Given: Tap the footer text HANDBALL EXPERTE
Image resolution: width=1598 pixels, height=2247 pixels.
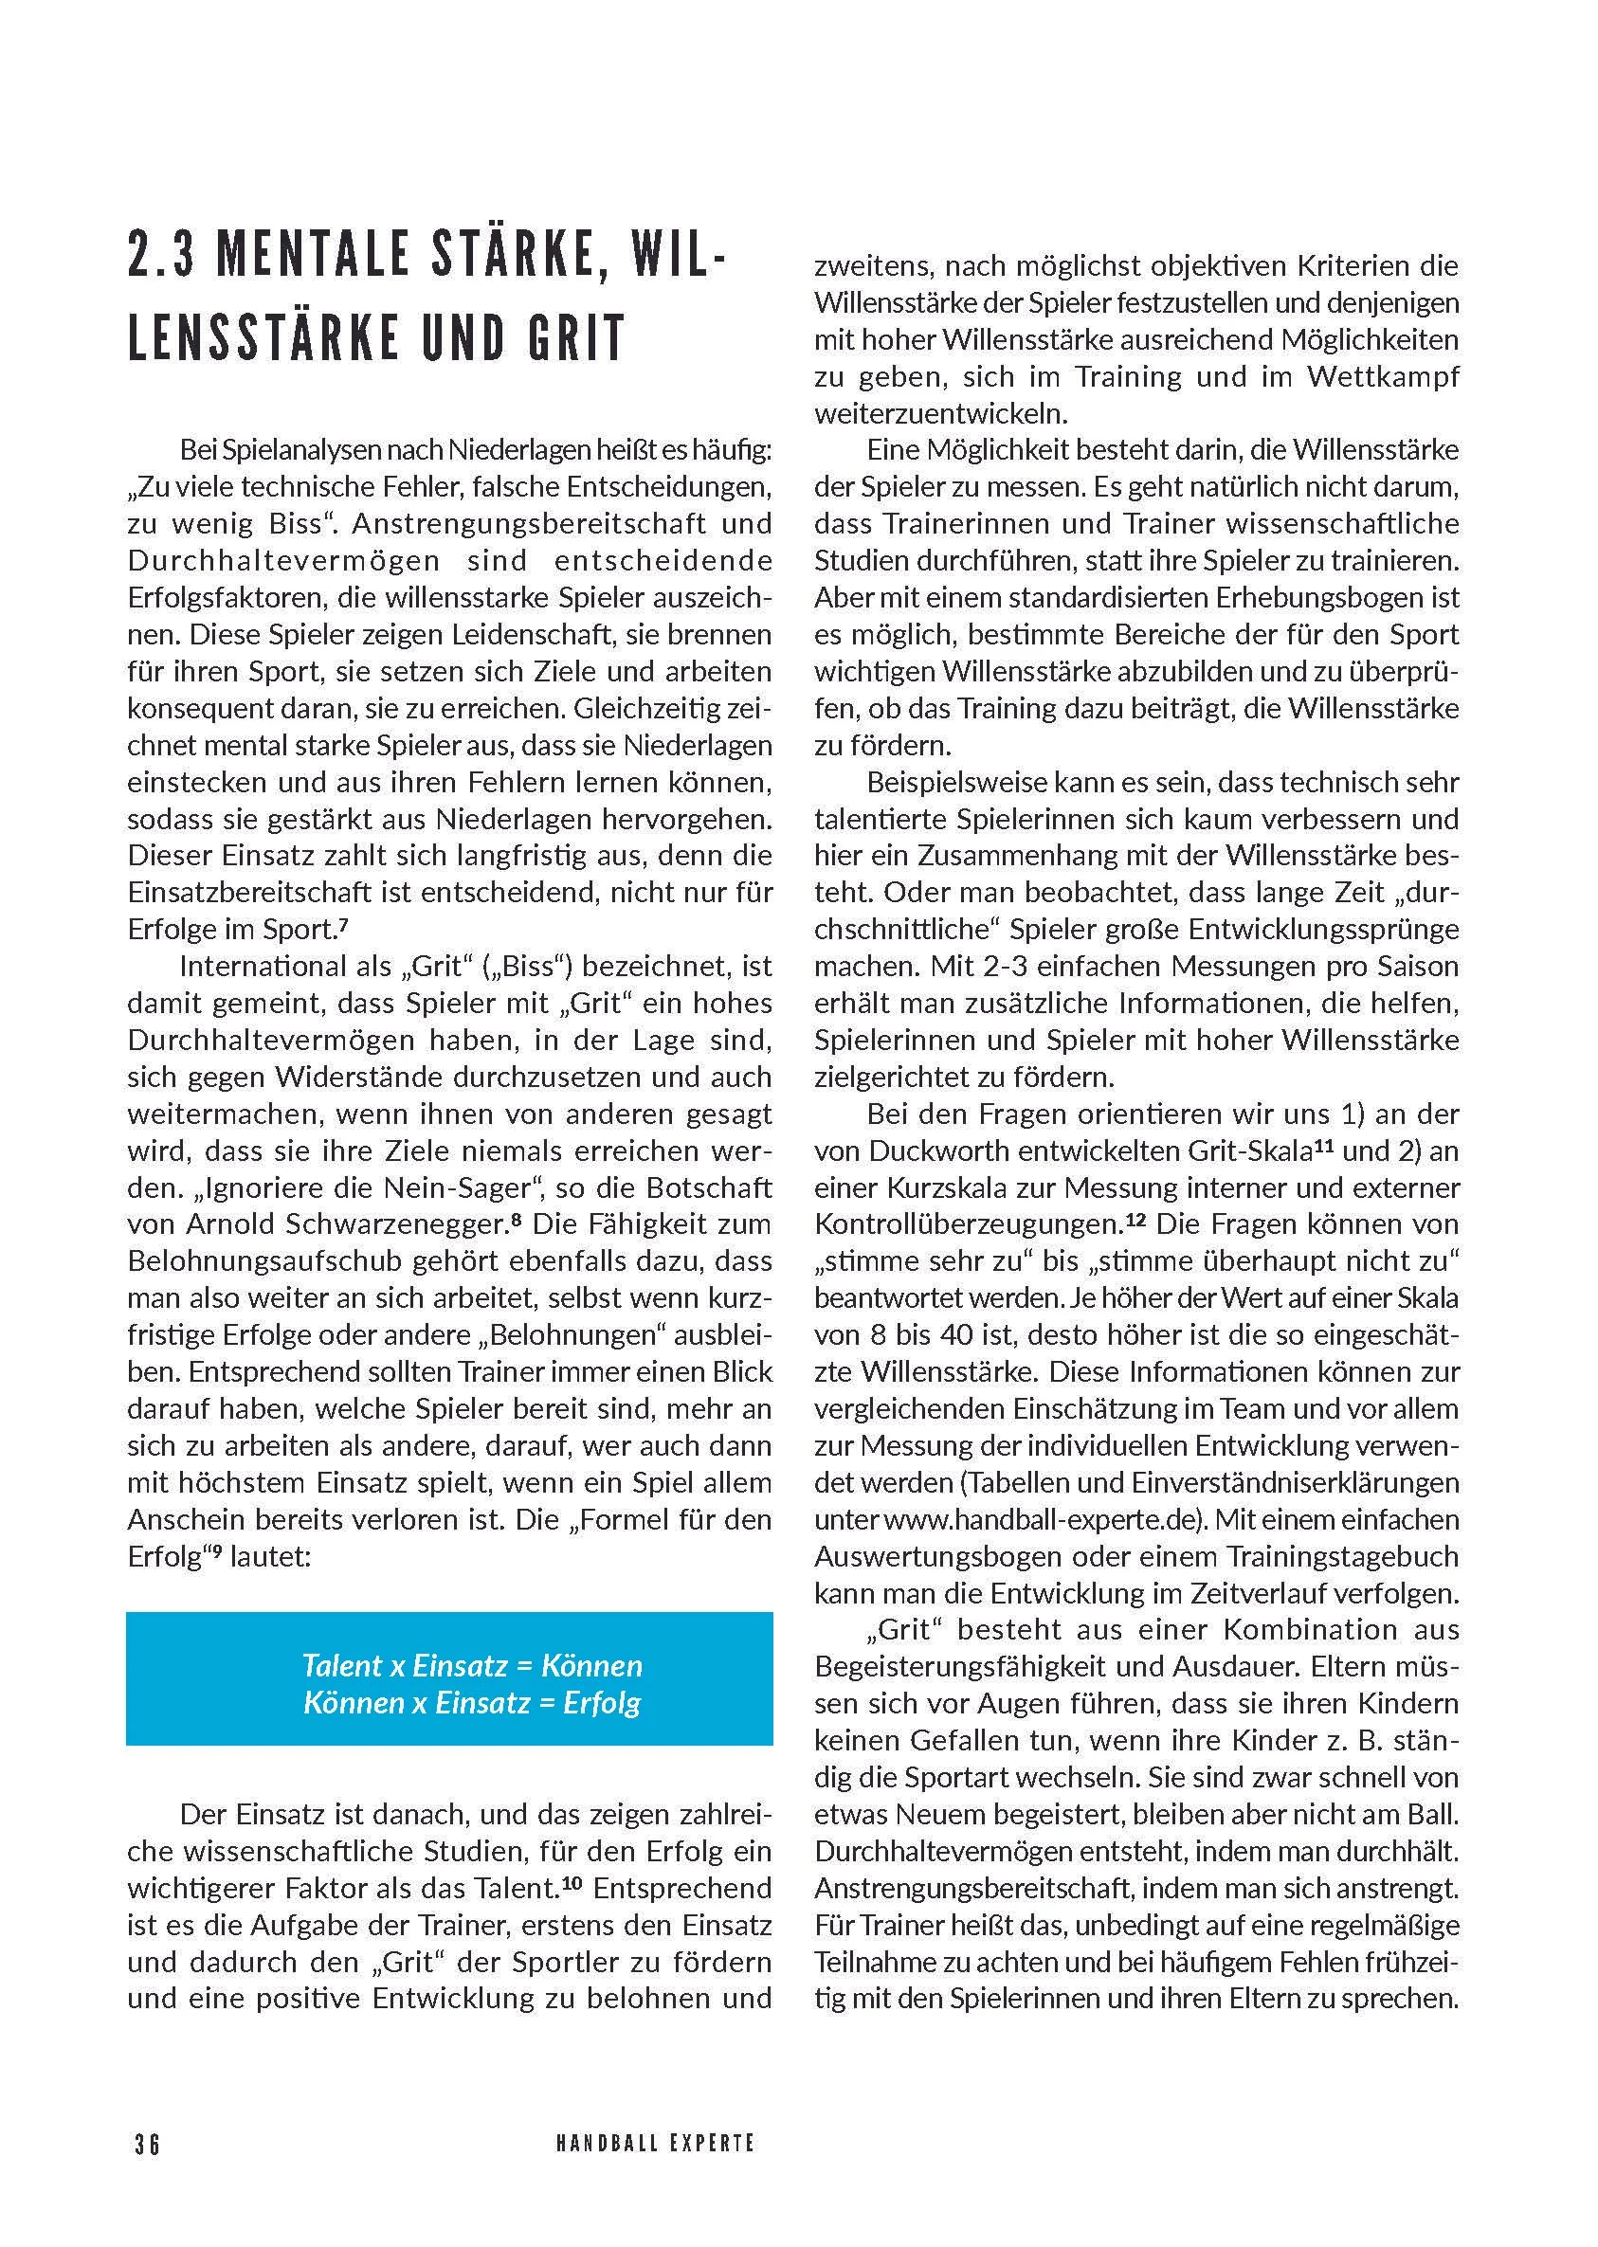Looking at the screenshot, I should click(655, 2143).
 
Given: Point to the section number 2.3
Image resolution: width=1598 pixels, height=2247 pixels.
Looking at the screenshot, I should click(158, 255).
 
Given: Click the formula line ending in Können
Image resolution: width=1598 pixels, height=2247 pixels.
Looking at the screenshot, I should click(472, 1665).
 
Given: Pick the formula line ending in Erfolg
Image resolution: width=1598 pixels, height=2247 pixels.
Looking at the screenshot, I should click(472, 1703).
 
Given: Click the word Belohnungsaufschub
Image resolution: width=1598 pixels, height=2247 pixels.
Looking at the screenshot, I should click(286, 1262).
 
